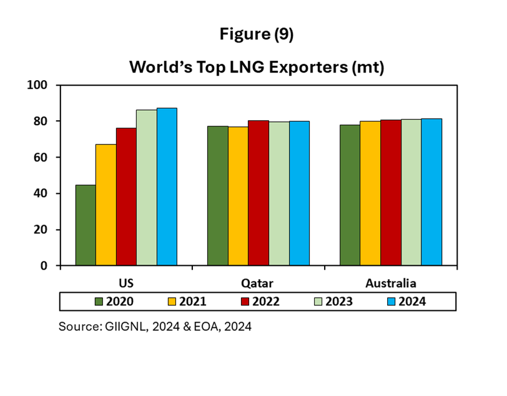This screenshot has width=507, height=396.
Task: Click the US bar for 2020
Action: pos(86,225)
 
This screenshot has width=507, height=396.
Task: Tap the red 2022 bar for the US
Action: pos(126,196)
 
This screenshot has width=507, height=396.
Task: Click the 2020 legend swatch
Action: pos(99,302)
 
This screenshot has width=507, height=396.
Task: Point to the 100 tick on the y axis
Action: pos(39,84)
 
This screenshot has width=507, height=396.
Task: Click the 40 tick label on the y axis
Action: pos(42,193)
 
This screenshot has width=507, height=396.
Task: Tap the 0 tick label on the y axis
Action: pos(45,266)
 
